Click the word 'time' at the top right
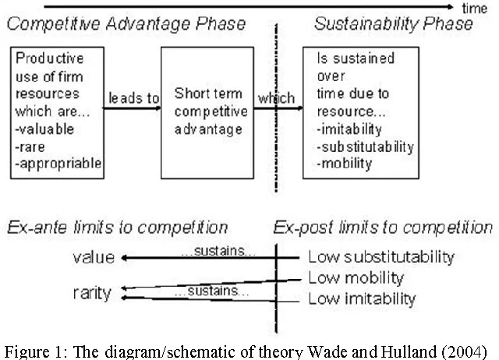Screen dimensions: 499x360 point(474,9)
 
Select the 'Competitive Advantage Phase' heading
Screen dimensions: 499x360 point(127,24)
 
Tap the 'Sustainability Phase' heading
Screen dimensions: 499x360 point(394,24)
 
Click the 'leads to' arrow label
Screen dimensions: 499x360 point(134,99)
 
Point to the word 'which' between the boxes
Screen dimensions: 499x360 point(276,99)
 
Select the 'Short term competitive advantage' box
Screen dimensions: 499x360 point(211,111)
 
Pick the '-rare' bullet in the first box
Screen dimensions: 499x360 point(34,147)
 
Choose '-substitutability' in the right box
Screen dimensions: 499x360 point(365,146)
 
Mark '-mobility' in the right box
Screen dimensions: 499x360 point(345,163)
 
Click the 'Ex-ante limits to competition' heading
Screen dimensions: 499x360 point(118,228)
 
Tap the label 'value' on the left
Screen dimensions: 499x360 point(94,257)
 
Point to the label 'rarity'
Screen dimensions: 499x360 point(92,294)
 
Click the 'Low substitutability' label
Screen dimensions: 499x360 point(381,256)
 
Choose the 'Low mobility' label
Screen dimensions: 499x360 point(356,277)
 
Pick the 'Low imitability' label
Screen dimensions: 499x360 point(362,298)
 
